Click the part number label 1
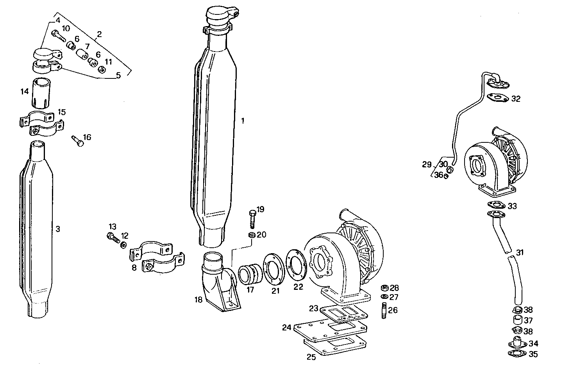(x=242, y=121)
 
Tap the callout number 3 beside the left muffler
(x=58, y=229)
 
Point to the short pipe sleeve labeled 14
(x=40, y=93)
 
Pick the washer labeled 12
(x=123, y=245)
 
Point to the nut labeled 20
(x=252, y=235)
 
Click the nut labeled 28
(x=384, y=288)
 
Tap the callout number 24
(x=287, y=327)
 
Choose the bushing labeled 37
(x=517, y=321)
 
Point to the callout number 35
(x=533, y=354)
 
